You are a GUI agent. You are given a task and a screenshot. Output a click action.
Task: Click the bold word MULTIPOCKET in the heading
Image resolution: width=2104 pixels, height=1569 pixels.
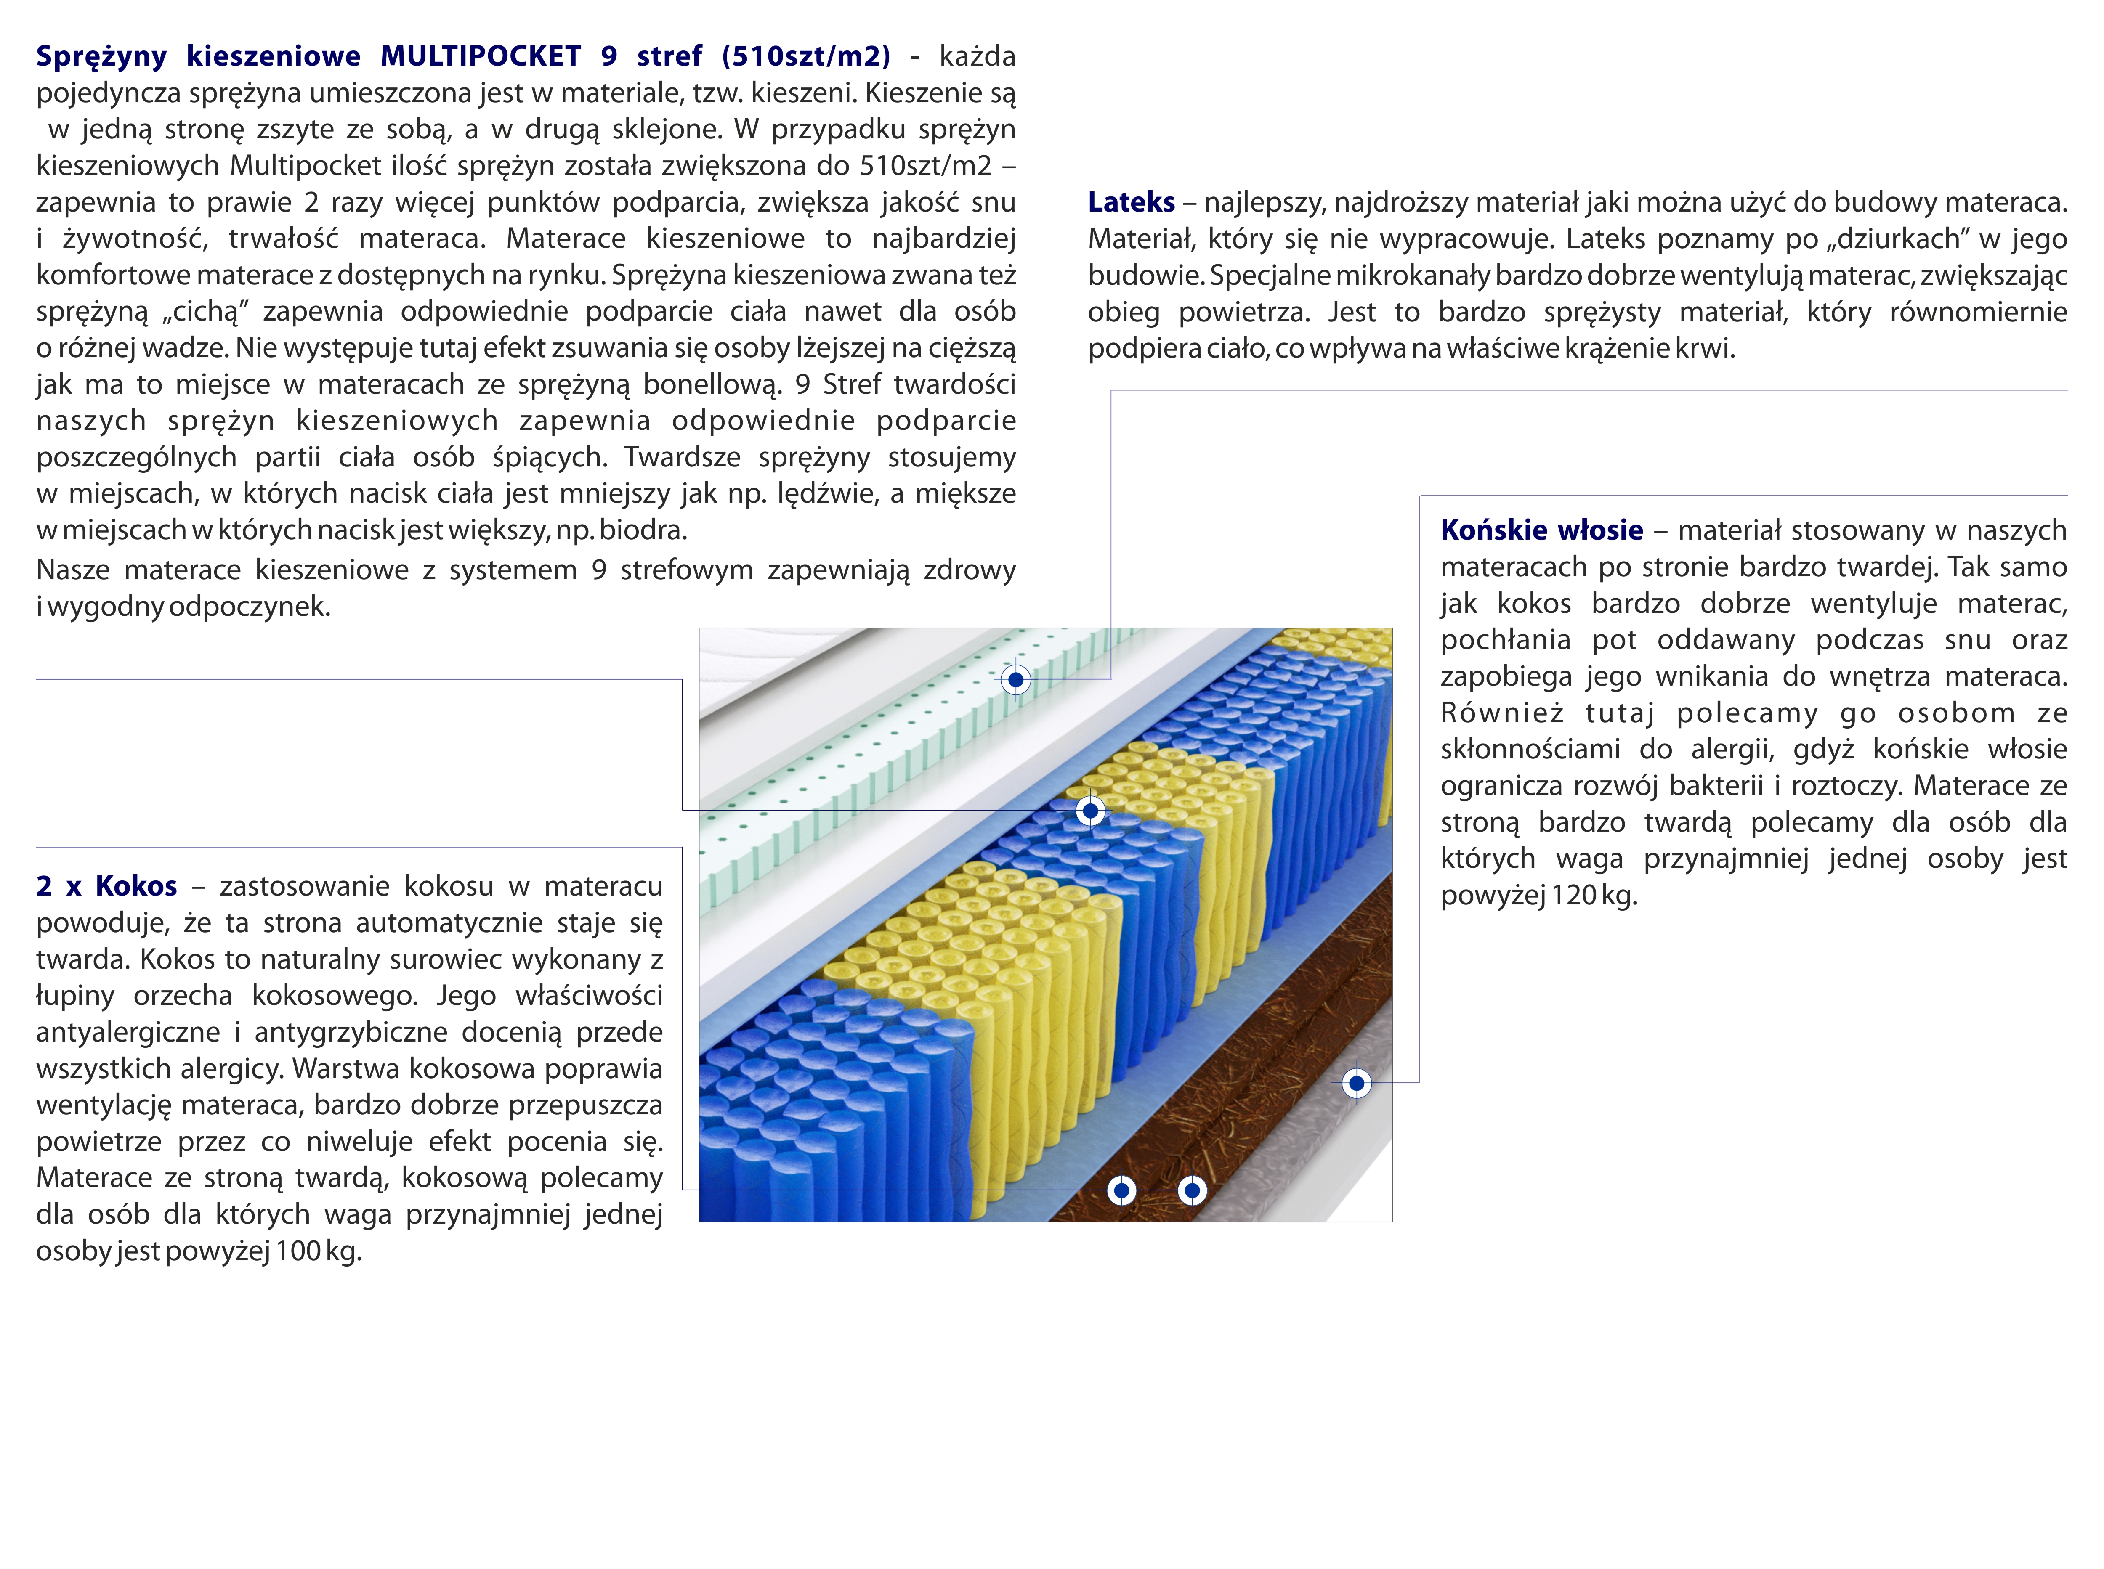(481, 56)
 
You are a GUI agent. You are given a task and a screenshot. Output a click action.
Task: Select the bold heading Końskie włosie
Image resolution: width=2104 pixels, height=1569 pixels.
(1541, 530)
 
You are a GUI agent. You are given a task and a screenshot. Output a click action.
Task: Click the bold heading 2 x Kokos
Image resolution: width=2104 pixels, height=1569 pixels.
(106, 886)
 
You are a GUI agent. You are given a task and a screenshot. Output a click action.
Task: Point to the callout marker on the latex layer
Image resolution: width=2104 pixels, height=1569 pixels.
(1015, 680)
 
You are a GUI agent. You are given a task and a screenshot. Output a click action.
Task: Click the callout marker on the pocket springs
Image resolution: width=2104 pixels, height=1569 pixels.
(1089, 811)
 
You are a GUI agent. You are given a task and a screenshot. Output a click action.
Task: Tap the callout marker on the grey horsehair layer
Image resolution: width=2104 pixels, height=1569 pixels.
(1356, 1083)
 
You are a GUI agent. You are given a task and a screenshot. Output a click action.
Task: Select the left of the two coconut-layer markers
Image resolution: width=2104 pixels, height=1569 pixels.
(1122, 1190)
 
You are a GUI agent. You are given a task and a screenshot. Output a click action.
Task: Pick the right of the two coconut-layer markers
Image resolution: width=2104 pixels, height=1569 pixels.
(1192, 1190)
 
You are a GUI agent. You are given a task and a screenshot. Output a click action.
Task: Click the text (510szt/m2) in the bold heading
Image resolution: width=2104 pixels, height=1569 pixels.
(805, 56)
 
